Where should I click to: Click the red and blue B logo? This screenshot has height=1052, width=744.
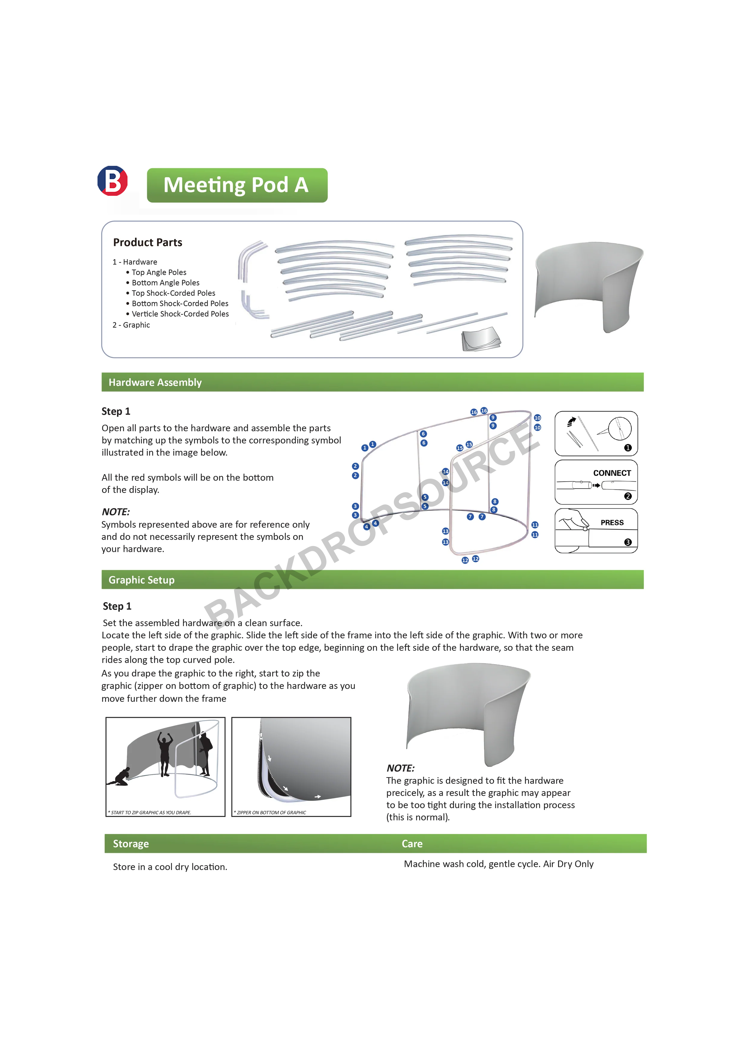(x=112, y=181)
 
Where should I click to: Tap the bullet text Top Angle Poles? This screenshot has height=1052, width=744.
(x=159, y=272)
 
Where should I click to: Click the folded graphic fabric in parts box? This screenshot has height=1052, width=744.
(x=480, y=339)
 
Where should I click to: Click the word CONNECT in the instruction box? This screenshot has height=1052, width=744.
(x=611, y=473)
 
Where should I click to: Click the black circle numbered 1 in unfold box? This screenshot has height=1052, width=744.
(x=628, y=448)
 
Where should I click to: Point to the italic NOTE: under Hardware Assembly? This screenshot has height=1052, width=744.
(x=115, y=512)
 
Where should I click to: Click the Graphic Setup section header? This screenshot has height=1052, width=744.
(x=141, y=580)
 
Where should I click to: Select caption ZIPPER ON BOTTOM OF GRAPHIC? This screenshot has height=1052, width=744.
(x=271, y=812)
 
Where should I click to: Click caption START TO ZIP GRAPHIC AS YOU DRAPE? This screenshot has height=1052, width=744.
(x=150, y=812)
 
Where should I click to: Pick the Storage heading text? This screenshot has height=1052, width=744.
(x=130, y=844)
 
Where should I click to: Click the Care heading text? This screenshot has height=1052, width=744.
(x=412, y=844)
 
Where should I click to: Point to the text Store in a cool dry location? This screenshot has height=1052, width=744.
(x=169, y=867)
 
